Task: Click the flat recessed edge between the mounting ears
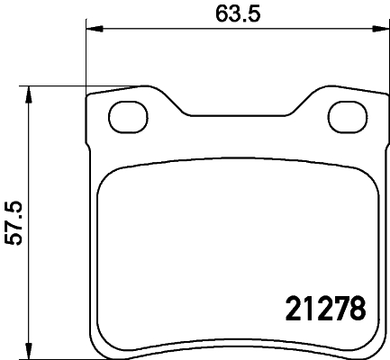236,116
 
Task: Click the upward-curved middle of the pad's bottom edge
236,341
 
